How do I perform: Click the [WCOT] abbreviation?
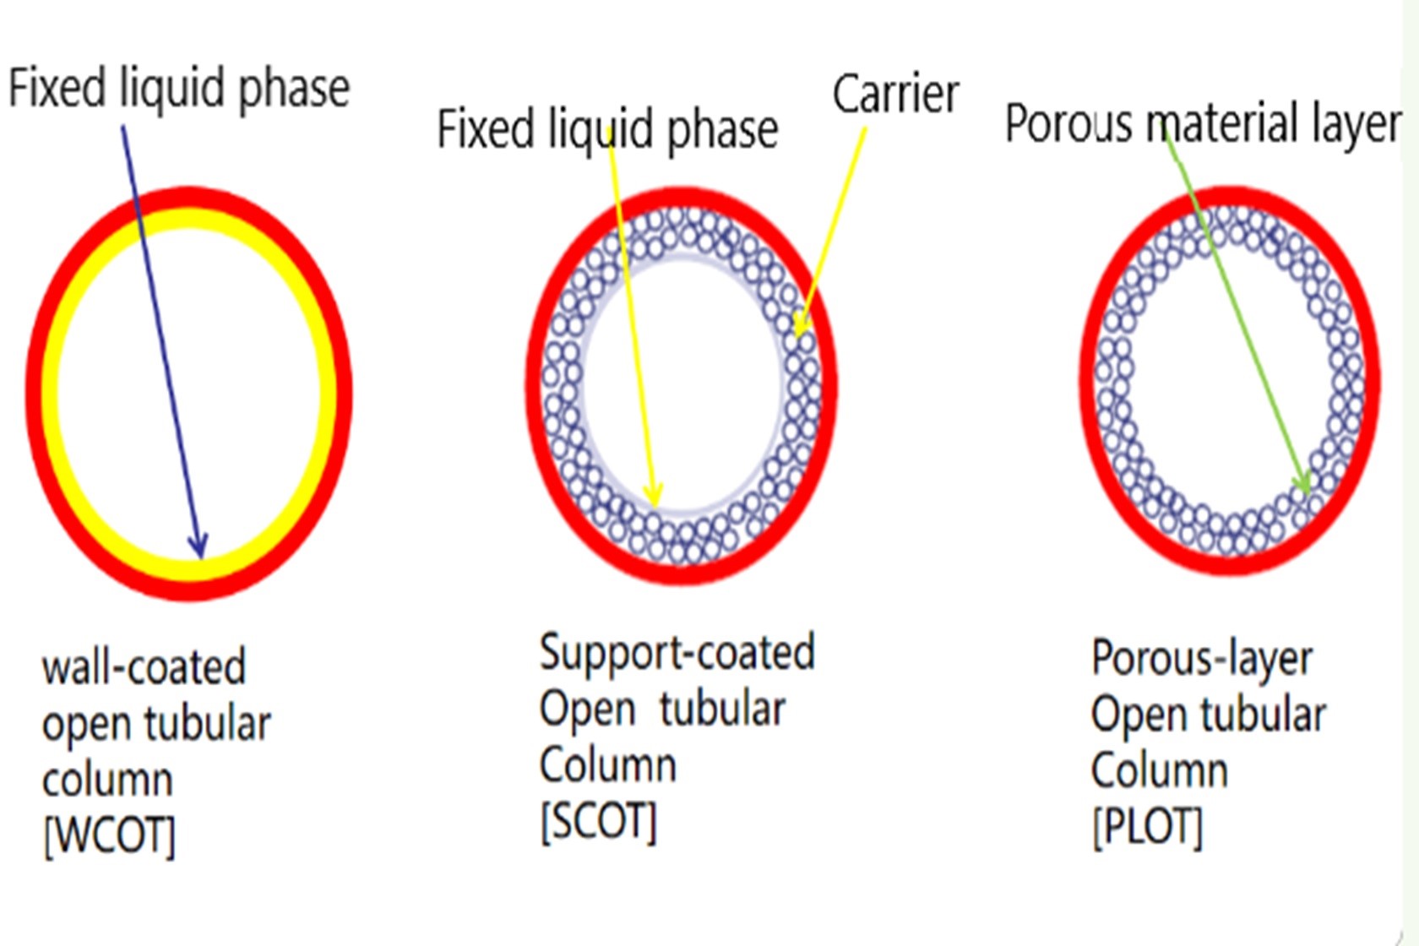point(109,835)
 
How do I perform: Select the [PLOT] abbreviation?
point(1147,828)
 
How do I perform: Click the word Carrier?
point(895,94)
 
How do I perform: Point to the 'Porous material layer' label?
point(1203,123)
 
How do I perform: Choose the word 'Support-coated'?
point(677,652)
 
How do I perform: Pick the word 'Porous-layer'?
point(1202,659)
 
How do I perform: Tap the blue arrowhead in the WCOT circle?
point(198,546)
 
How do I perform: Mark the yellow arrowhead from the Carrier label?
point(802,323)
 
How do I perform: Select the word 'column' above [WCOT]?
point(108,780)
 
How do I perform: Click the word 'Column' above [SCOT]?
point(608,764)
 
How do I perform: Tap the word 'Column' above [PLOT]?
point(1159,770)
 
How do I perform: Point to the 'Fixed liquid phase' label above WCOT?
point(179,88)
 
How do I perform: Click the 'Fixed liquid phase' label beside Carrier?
point(607,129)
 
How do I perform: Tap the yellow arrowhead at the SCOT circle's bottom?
point(653,496)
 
